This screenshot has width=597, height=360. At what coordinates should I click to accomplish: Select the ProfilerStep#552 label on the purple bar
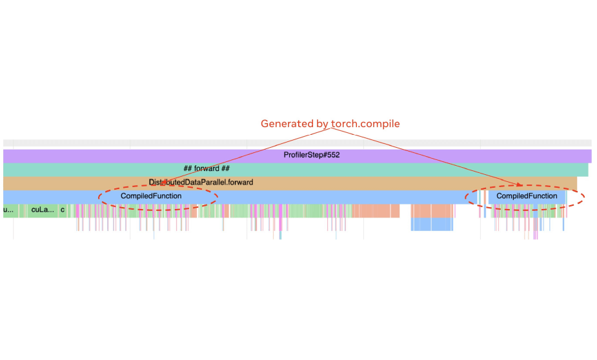pos(311,155)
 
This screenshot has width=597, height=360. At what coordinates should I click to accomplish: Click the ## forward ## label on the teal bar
pos(207,169)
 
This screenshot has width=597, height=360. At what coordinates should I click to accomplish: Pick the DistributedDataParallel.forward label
pos(201,183)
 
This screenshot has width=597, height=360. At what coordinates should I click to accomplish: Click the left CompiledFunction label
pos(151,196)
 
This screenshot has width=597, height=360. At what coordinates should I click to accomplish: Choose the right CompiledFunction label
pos(527,196)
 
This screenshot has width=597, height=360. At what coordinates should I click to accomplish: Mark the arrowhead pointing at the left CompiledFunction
pos(164,184)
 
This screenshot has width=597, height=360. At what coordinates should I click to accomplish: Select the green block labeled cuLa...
pos(43,210)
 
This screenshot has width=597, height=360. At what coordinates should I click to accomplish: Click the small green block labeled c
pos(63,210)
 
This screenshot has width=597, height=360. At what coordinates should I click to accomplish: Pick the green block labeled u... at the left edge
pos(8,210)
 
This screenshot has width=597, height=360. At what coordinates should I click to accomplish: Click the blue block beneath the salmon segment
pos(432,224)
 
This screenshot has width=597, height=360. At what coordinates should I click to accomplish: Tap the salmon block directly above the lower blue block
pos(432,211)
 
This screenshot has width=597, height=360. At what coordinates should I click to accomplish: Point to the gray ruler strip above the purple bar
pos(297,143)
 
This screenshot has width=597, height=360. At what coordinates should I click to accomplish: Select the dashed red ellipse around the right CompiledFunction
pos(584,196)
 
